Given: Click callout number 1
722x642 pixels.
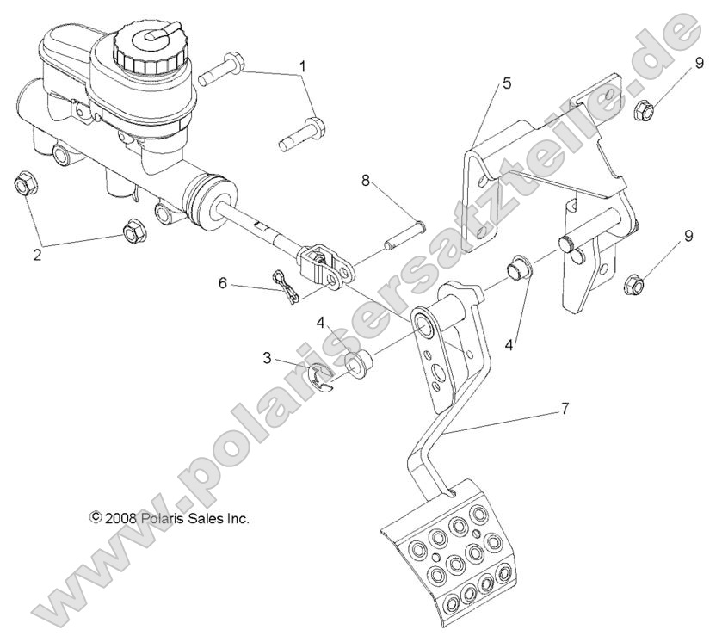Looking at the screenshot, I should pos(302,66).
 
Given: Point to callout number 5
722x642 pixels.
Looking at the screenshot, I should pos(507,83).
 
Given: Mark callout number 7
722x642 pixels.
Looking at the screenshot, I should pos(565,409).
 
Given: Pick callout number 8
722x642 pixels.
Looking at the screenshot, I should pos(365,182).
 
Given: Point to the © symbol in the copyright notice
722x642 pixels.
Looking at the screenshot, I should pos(96,518).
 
